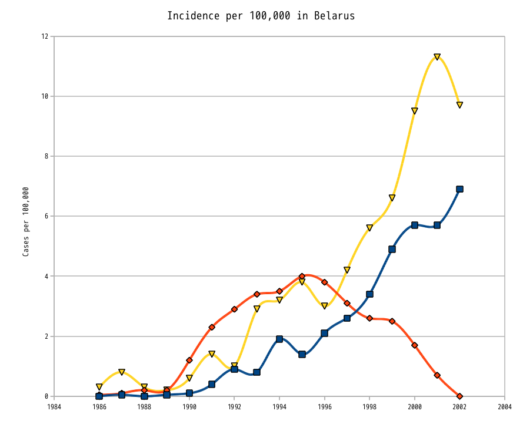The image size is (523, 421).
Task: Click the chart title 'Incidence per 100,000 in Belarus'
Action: (x=261, y=16)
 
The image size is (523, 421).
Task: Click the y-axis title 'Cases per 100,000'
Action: (x=26, y=221)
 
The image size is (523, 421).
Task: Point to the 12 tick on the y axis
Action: (x=45, y=36)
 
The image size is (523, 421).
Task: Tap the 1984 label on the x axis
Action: (x=54, y=406)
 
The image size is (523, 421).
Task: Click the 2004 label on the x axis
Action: (x=504, y=406)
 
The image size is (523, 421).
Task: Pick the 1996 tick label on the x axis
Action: (x=324, y=406)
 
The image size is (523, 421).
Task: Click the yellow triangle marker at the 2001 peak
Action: (x=437, y=57)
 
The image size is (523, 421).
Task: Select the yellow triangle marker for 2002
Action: (x=459, y=105)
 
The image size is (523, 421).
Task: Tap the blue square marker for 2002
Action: (x=459, y=189)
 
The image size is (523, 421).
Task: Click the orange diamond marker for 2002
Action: (x=459, y=396)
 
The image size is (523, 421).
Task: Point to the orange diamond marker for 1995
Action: (x=302, y=276)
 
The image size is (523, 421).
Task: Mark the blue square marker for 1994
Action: (x=279, y=339)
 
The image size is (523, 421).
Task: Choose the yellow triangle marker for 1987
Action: (x=122, y=372)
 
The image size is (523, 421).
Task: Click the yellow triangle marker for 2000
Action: (x=415, y=111)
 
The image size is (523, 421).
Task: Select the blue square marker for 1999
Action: (x=392, y=249)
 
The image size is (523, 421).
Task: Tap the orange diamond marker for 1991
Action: (x=212, y=327)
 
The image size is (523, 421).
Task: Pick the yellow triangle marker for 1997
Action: (x=347, y=270)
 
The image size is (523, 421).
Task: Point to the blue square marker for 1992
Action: (x=234, y=369)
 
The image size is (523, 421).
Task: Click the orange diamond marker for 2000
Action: (x=415, y=345)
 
